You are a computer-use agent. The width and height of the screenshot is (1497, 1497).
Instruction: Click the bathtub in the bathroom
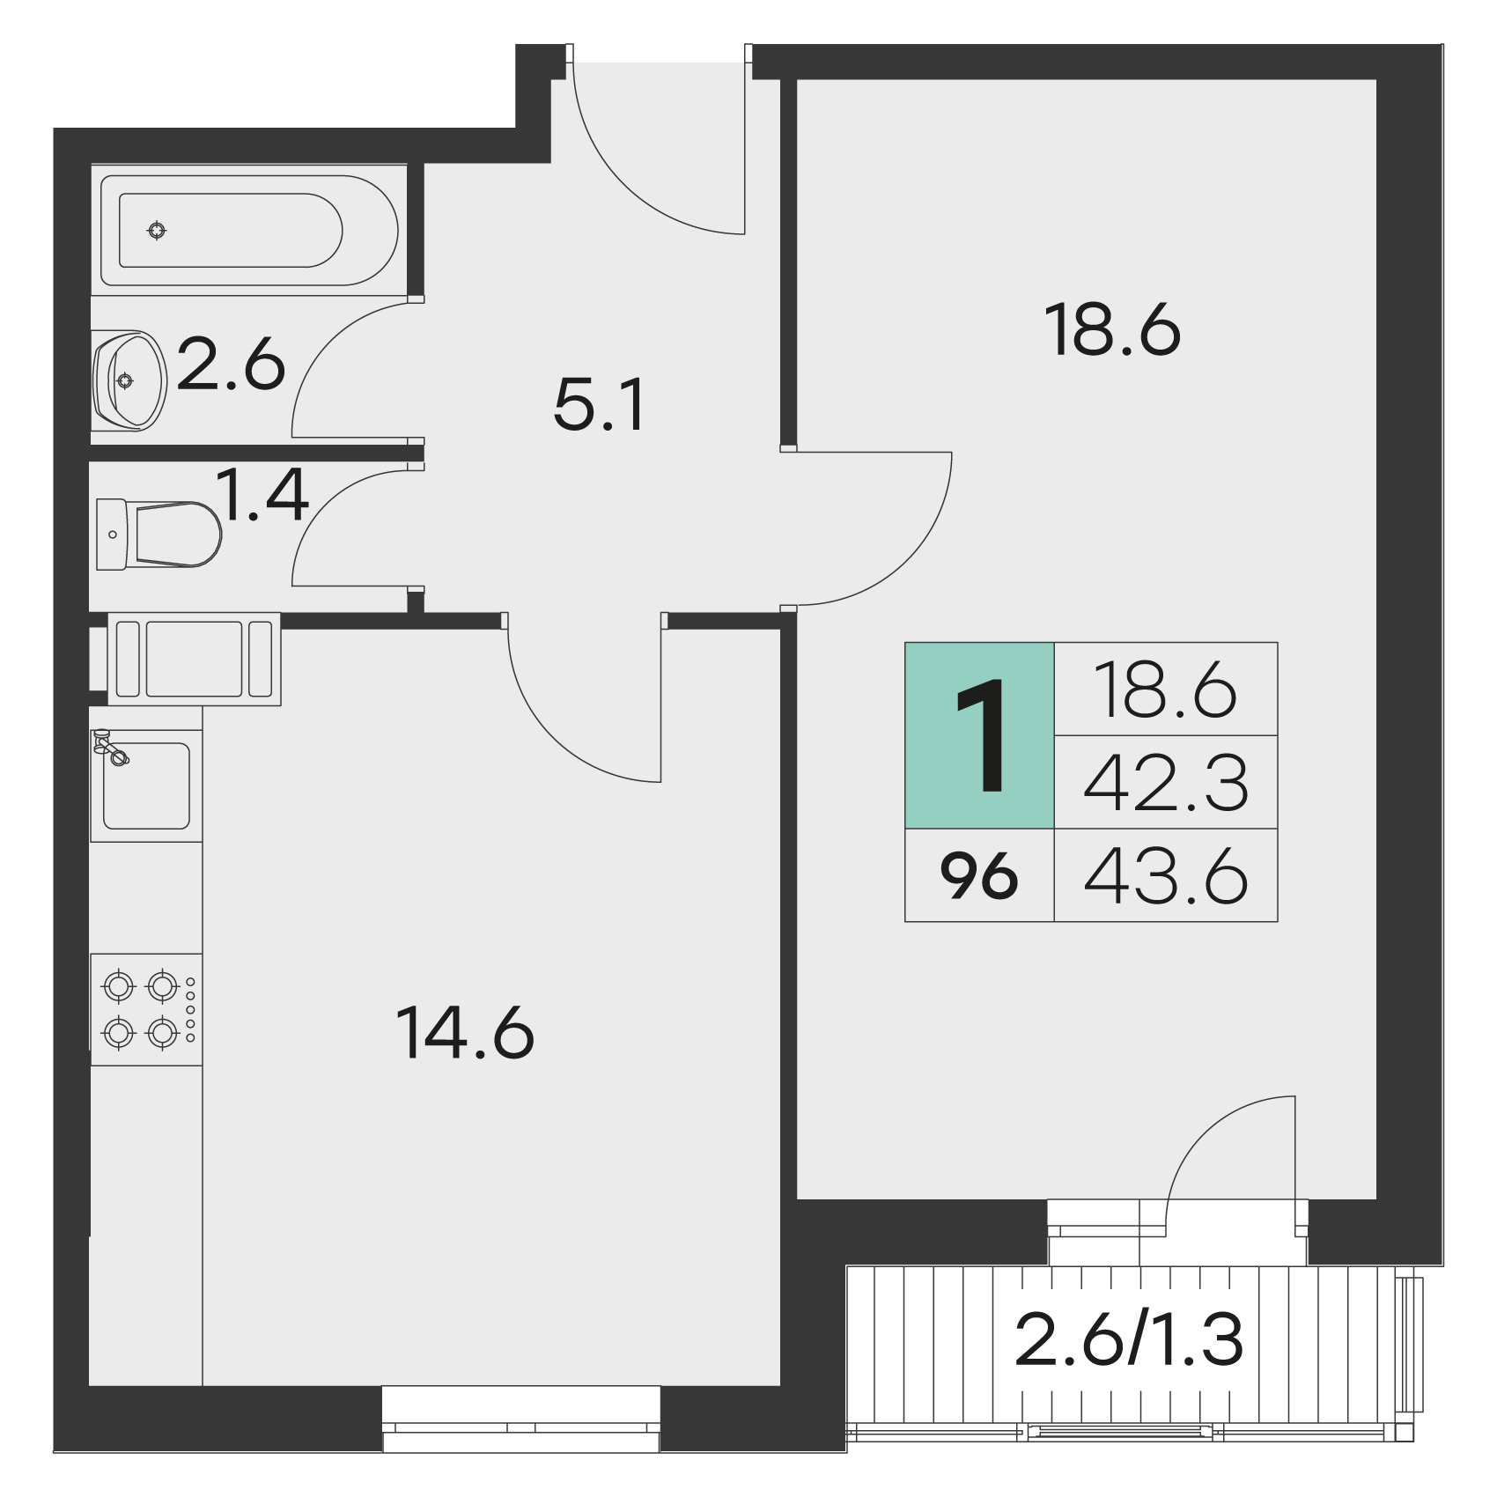coord(249,231)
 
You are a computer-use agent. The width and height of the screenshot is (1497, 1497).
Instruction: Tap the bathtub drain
coord(157,231)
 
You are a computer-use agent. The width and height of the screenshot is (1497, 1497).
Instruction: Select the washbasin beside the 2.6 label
coord(129,380)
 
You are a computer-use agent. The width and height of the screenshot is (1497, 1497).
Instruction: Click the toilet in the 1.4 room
coord(159,535)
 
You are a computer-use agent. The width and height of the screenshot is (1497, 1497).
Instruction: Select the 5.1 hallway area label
coord(600,405)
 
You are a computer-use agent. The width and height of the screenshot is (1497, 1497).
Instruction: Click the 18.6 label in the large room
coord(1112,330)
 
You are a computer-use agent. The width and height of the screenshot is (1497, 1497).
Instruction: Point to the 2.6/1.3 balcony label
coord(1129,1338)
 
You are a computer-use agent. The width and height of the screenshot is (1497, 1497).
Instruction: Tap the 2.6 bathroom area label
coord(231,364)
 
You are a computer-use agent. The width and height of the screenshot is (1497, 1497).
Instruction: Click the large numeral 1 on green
coord(980,735)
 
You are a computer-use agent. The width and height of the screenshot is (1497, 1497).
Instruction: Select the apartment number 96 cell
coord(979,876)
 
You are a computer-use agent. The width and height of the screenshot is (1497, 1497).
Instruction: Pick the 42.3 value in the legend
coord(1166,783)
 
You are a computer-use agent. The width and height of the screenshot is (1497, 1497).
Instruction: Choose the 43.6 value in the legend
coord(1166,876)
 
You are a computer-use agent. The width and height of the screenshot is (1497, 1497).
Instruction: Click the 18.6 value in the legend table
coord(1166,690)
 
